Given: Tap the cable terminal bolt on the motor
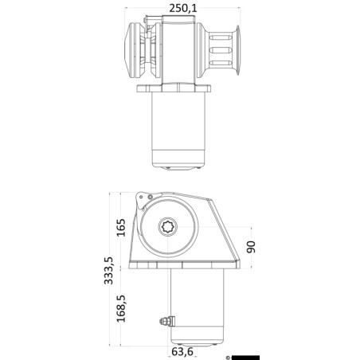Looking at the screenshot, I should point(163,321).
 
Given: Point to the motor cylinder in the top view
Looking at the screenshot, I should point(176,127).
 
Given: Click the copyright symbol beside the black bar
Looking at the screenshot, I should point(228,356).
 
